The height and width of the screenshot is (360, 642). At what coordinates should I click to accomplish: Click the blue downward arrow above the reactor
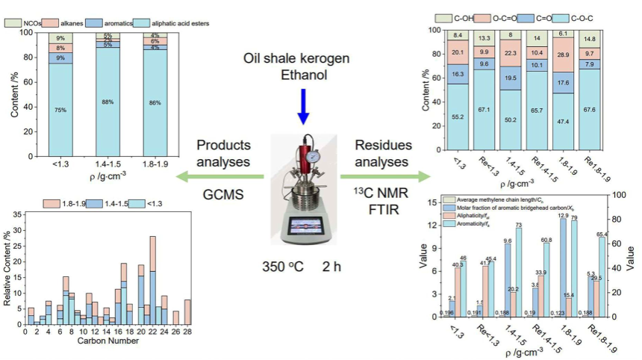(302, 105)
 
